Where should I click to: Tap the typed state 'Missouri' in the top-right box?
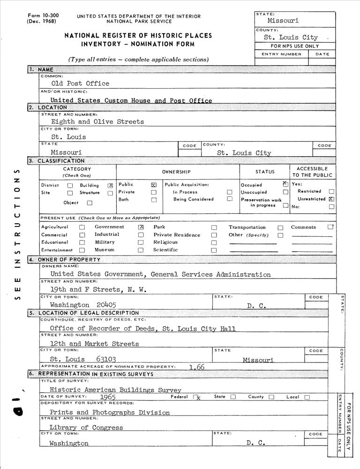[283, 21]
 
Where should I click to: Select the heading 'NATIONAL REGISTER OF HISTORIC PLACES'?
[138, 36]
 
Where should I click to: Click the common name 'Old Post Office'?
[80, 83]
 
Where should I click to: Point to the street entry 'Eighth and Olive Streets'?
[97, 121]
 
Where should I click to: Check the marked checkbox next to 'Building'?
[111, 186]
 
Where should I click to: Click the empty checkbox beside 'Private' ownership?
[153, 192]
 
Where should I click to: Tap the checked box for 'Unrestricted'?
[331, 199]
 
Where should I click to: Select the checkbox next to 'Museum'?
[141, 250]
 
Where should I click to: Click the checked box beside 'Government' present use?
[141, 227]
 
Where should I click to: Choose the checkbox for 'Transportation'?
[280, 228]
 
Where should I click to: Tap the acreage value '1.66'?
[197, 367]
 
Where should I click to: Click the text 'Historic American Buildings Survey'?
[115, 390]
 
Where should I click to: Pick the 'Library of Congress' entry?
[86, 427]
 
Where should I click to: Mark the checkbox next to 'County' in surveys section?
[271, 397]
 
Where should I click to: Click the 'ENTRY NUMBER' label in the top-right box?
[281, 54]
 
